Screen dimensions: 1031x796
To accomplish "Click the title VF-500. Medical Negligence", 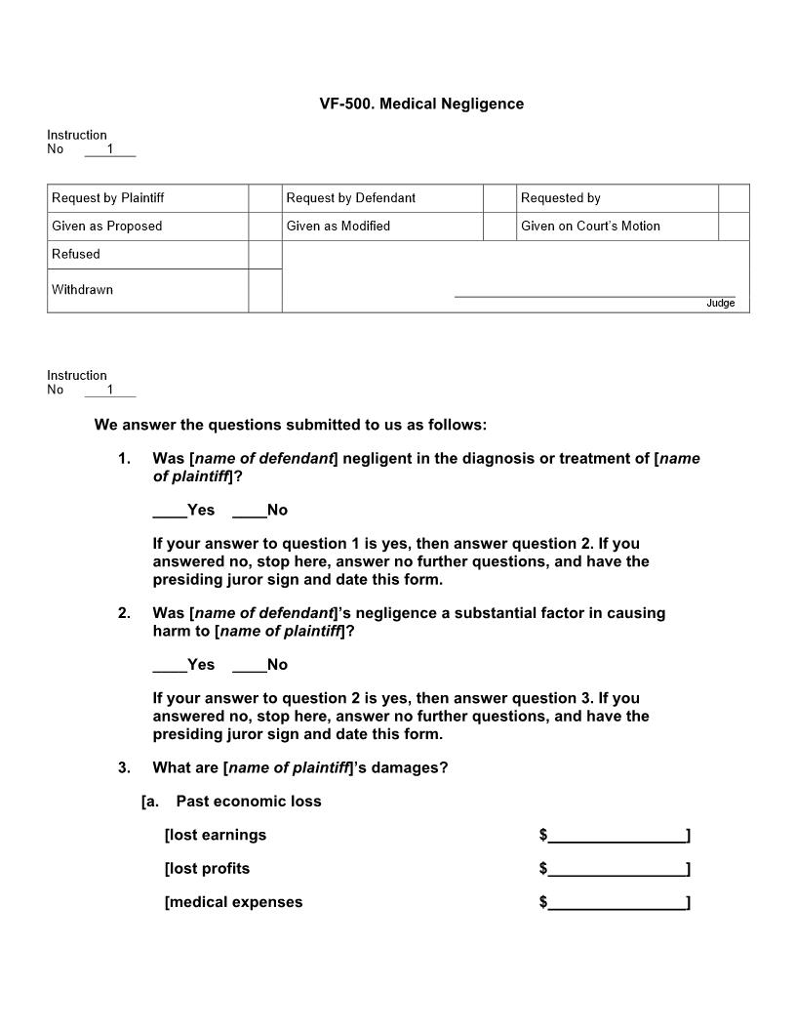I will pyautogui.click(x=421, y=103).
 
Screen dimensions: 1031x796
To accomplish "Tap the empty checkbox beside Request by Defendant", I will pyautogui.click(x=499, y=198).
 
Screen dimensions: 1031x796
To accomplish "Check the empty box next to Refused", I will pyautogui.click(x=264, y=255).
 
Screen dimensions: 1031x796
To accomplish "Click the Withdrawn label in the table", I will pyautogui.click(x=82, y=290).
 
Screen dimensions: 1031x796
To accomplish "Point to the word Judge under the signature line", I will pyautogui.click(x=720, y=304).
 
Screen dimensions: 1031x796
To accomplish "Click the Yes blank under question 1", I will pyautogui.click(x=170, y=511).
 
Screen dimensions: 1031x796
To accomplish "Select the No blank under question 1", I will pyautogui.click(x=250, y=511).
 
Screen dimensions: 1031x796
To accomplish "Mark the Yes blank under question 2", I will pyautogui.click(x=170, y=665).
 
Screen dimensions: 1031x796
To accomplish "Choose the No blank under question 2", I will pyautogui.click(x=250, y=665).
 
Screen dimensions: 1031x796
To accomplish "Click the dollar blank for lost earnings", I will pyautogui.click(x=617, y=836).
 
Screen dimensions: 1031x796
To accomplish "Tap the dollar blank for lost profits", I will pyautogui.click(x=617, y=869).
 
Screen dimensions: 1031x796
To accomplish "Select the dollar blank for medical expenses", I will pyautogui.click(x=617, y=903).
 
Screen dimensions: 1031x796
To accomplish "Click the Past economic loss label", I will pyautogui.click(x=248, y=802).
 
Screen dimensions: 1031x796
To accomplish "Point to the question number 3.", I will pyautogui.click(x=124, y=767).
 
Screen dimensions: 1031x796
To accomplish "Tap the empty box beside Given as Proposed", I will pyautogui.click(x=264, y=227).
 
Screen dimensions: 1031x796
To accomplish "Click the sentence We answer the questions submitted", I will pyautogui.click(x=290, y=425).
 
